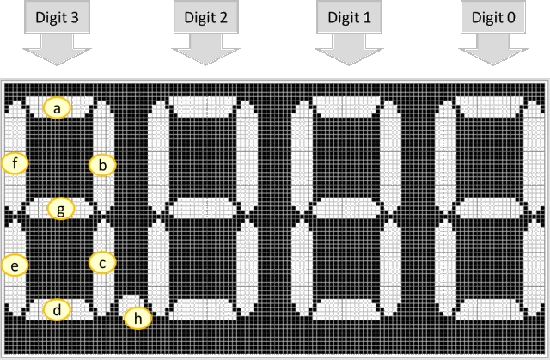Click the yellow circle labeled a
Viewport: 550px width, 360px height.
point(57,107)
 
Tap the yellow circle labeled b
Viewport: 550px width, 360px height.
point(102,164)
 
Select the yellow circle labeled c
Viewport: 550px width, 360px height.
point(102,263)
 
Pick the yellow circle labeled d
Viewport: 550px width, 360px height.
point(57,310)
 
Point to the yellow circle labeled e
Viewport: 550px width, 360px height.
point(15,265)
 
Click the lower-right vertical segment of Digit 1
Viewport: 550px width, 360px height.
point(392,261)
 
